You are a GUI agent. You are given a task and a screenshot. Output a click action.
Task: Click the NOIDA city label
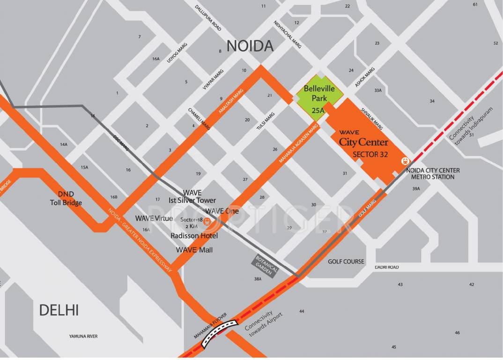tap(250, 46)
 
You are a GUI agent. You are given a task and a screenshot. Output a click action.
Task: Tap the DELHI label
tap(59, 310)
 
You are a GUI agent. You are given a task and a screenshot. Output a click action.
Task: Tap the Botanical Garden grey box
tap(266, 267)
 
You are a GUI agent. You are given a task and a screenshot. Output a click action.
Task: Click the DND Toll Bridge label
tap(66, 198)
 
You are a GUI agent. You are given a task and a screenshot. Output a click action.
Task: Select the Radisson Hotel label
tap(194, 235)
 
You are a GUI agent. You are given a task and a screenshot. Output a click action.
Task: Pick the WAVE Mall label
tap(194, 250)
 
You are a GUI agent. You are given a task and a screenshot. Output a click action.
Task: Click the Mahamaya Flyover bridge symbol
tap(219, 334)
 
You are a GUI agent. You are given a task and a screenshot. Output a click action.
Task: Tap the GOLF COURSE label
tap(346, 262)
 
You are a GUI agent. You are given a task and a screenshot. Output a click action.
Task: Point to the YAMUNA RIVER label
tap(83, 336)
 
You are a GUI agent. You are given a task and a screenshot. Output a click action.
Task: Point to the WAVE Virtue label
tap(154, 218)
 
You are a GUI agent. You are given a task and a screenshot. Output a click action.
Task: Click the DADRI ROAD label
tap(386, 267)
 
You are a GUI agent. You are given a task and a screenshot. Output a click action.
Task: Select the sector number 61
tap(475, 4)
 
